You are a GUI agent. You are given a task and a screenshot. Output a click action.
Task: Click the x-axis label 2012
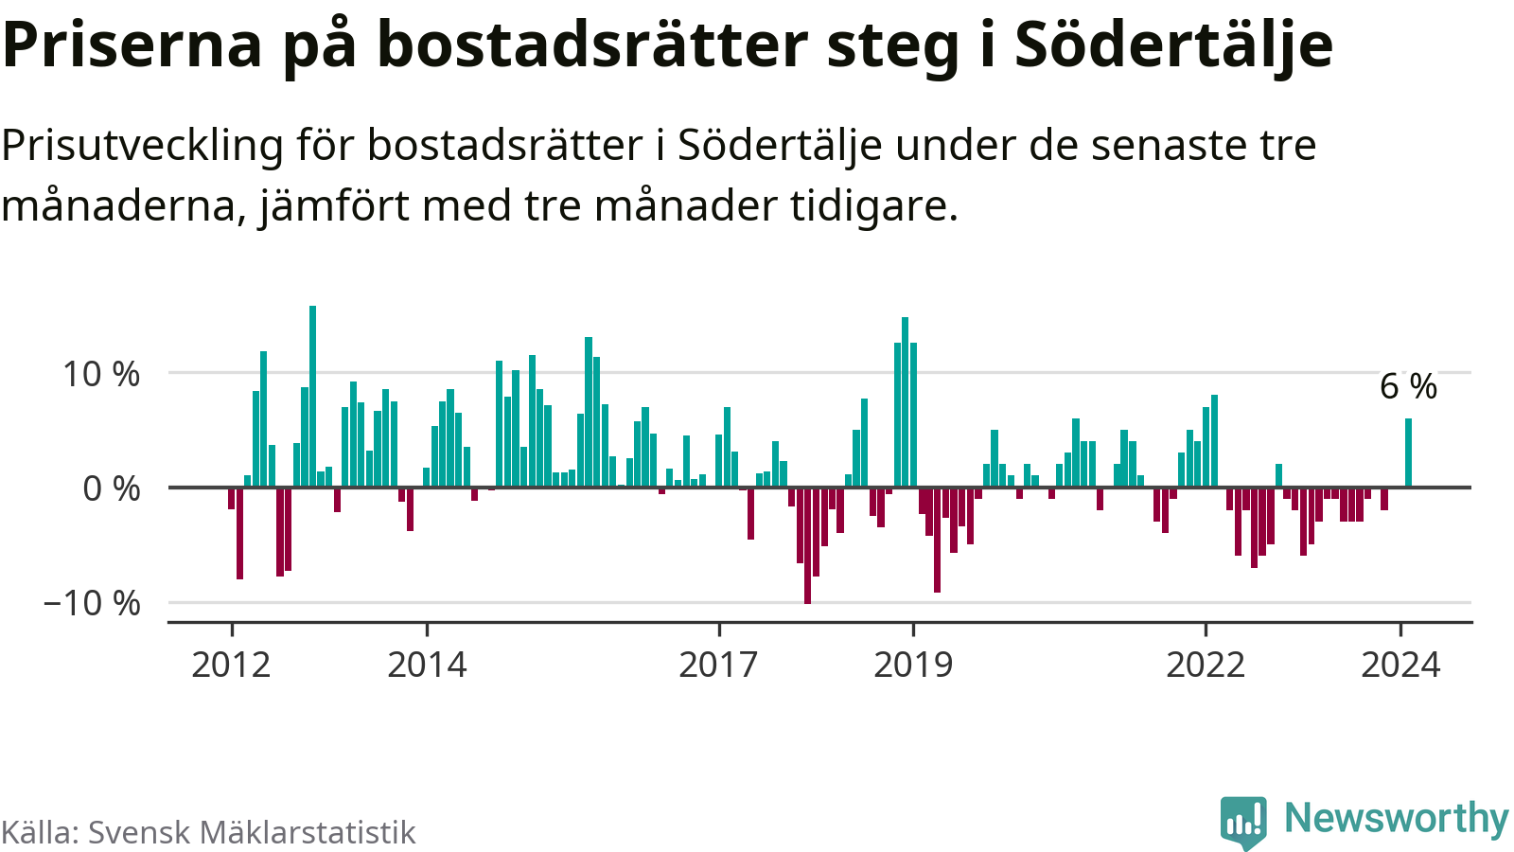[231, 665]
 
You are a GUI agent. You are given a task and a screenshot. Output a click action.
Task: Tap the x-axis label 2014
[427, 665]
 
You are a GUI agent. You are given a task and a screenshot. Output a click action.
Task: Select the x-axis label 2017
[718, 665]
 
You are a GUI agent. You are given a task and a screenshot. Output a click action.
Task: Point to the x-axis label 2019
[913, 665]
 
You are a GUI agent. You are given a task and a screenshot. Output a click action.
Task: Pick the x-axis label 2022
[1205, 665]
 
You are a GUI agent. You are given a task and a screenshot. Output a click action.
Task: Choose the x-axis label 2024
[1400, 665]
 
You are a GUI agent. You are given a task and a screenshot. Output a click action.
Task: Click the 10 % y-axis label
[101, 374]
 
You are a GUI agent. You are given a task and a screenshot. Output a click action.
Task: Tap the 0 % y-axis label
[112, 489]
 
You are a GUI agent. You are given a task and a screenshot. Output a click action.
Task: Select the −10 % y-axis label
[92, 603]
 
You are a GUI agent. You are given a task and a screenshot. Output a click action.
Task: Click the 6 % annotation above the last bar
[1408, 386]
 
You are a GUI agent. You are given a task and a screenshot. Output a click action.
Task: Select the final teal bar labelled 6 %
[1408, 453]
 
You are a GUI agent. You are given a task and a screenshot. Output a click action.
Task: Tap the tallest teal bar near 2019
[906, 402]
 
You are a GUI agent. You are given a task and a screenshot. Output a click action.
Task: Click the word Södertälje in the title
[1173, 44]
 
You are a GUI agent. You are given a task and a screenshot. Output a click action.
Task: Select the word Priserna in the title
[132, 44]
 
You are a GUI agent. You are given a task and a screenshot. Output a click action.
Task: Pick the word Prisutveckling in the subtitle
[142, 146]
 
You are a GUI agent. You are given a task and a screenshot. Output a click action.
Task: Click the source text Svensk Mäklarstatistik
[252, 832]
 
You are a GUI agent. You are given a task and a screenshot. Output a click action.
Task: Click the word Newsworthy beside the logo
[1396, 818]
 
